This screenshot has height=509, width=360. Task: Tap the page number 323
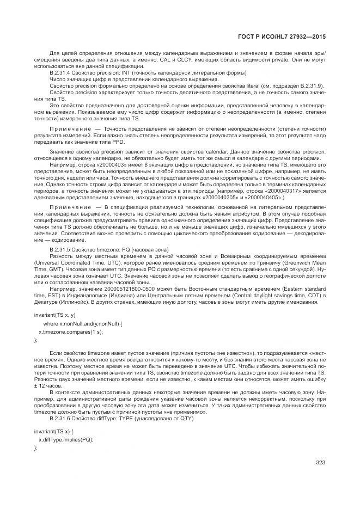click(x=320, y=463)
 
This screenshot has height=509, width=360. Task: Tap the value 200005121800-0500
click(x=124, y=287)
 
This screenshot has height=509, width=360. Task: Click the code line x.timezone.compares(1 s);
click(x=70, y=331)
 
